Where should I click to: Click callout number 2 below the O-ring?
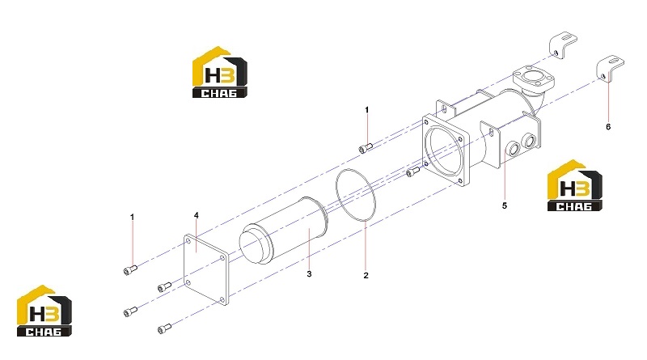366,275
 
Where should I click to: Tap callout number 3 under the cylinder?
309,273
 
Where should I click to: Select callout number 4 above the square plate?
197,215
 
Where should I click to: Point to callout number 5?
504,205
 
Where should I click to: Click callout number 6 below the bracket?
608,127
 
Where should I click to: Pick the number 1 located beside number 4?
132,217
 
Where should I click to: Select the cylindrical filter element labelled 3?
284,231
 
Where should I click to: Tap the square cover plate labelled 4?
206,269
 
